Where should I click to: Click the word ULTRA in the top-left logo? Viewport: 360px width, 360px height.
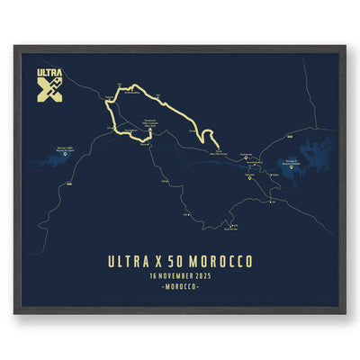tap(49, 73)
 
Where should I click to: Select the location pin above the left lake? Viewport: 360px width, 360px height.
tap(66, 155)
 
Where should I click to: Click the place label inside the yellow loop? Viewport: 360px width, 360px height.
tap(148, 121)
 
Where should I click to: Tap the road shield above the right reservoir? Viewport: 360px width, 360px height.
tap(290, 132)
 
